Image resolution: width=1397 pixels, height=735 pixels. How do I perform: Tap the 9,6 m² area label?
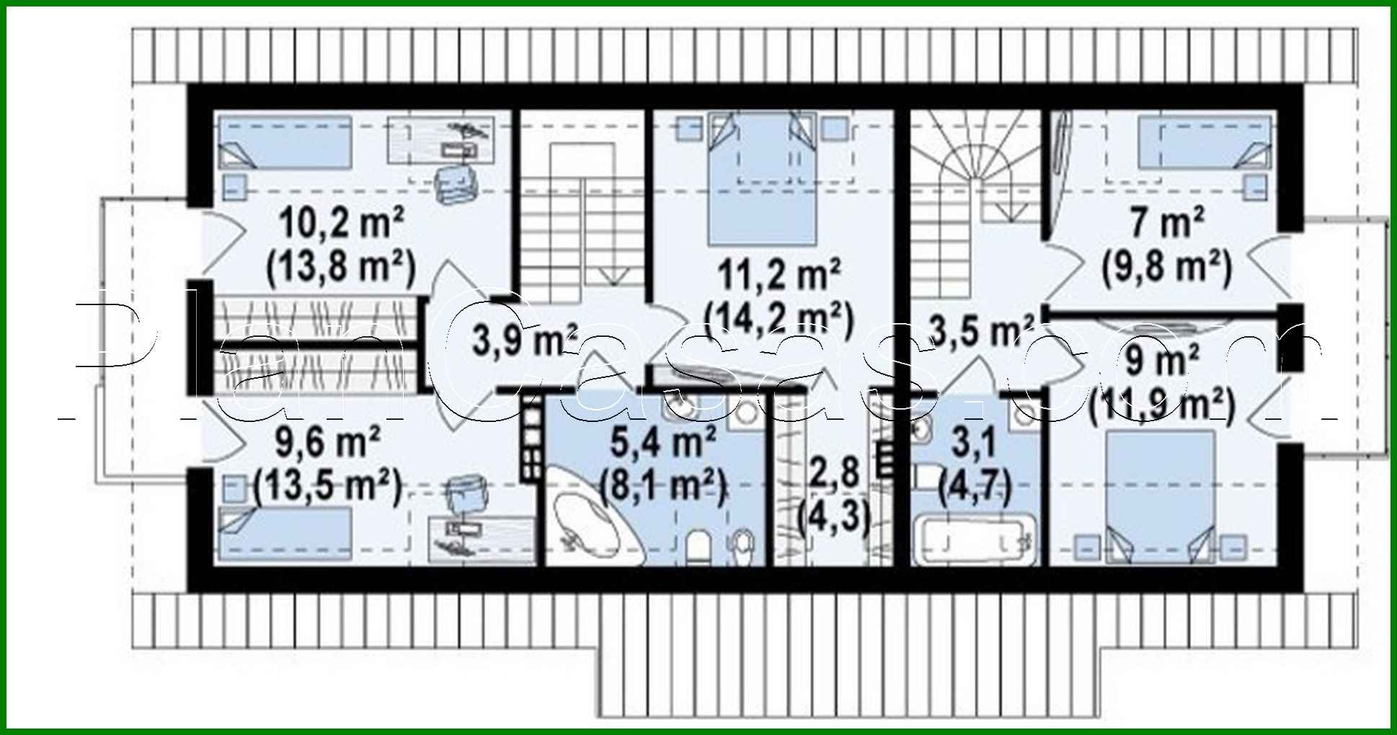point(328,441)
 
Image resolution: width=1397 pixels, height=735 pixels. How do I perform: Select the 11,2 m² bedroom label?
point(779,275)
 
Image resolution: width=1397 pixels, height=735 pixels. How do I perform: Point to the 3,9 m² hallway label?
point(525,339)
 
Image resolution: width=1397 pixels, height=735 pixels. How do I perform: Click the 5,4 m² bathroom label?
point(663,441)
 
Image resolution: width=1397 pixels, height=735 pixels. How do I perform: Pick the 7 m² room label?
point(1167,221)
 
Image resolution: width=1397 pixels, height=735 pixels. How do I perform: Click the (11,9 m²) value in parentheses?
point(1162,405)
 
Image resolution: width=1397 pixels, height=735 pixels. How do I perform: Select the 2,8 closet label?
point(835,472)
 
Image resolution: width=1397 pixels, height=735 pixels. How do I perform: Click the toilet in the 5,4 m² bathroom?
point(697,546)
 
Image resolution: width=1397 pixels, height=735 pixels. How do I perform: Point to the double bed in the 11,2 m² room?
point(763,180)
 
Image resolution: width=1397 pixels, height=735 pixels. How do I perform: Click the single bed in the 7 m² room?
point(1204,144)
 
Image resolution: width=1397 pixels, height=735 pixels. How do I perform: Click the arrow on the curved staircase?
point(1008,211)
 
